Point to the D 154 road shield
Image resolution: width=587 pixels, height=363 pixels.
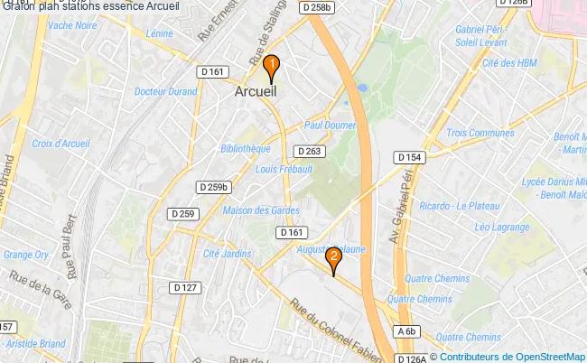409,157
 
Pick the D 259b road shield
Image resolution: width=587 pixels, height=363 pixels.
214,187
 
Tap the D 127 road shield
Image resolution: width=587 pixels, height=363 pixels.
185,288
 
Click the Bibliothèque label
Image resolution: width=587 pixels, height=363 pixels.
245,148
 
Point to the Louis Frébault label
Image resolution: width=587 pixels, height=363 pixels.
284,169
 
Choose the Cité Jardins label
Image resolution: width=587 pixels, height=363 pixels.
228,254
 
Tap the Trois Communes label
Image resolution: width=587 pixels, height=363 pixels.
480,133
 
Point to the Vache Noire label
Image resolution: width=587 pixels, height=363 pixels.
73,25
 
